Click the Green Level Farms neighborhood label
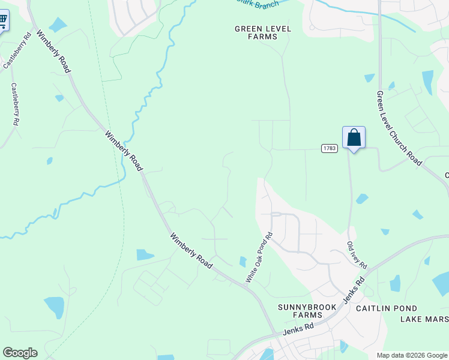point(263,32)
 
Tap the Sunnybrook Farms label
point(300,311)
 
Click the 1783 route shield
point(328,148)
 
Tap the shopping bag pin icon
point(354,138)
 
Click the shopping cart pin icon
point(2,22)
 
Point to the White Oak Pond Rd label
point(259,257)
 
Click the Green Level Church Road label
point(399,128)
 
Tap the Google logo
point(20,353)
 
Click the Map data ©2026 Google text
point(412,355)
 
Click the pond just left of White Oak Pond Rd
point(243,262)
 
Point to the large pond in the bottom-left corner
point(54,307)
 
